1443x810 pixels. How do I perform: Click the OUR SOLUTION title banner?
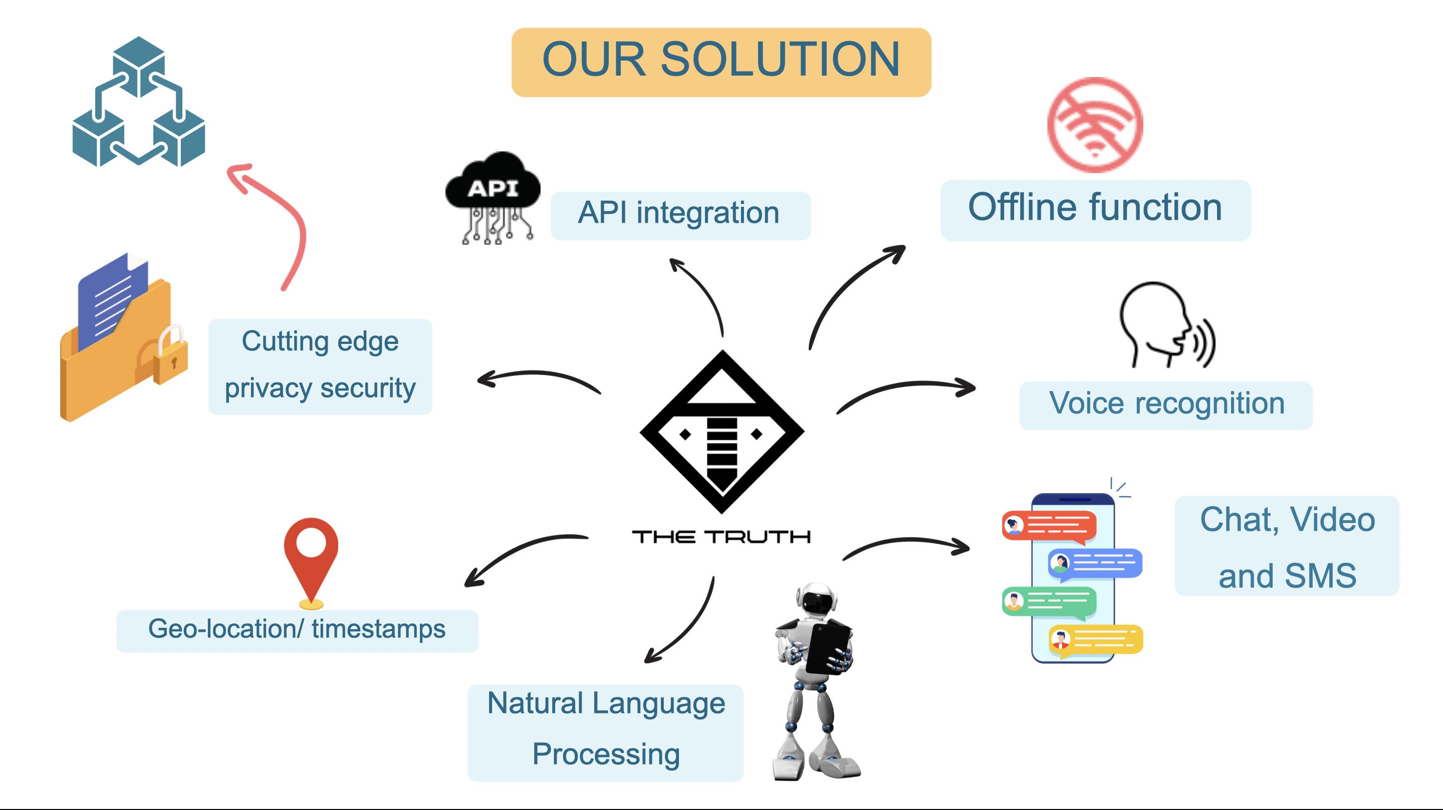click(x=721, y=62)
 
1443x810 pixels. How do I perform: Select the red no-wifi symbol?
click(x=1095, y=124)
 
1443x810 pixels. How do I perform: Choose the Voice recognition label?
click(x=1166, y=404)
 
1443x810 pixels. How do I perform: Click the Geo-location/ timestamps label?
click(x=297, y=630)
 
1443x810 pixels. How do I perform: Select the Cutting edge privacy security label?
click(x=320, y=366)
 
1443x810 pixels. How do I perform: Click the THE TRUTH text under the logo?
click(x=721, y=537)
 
